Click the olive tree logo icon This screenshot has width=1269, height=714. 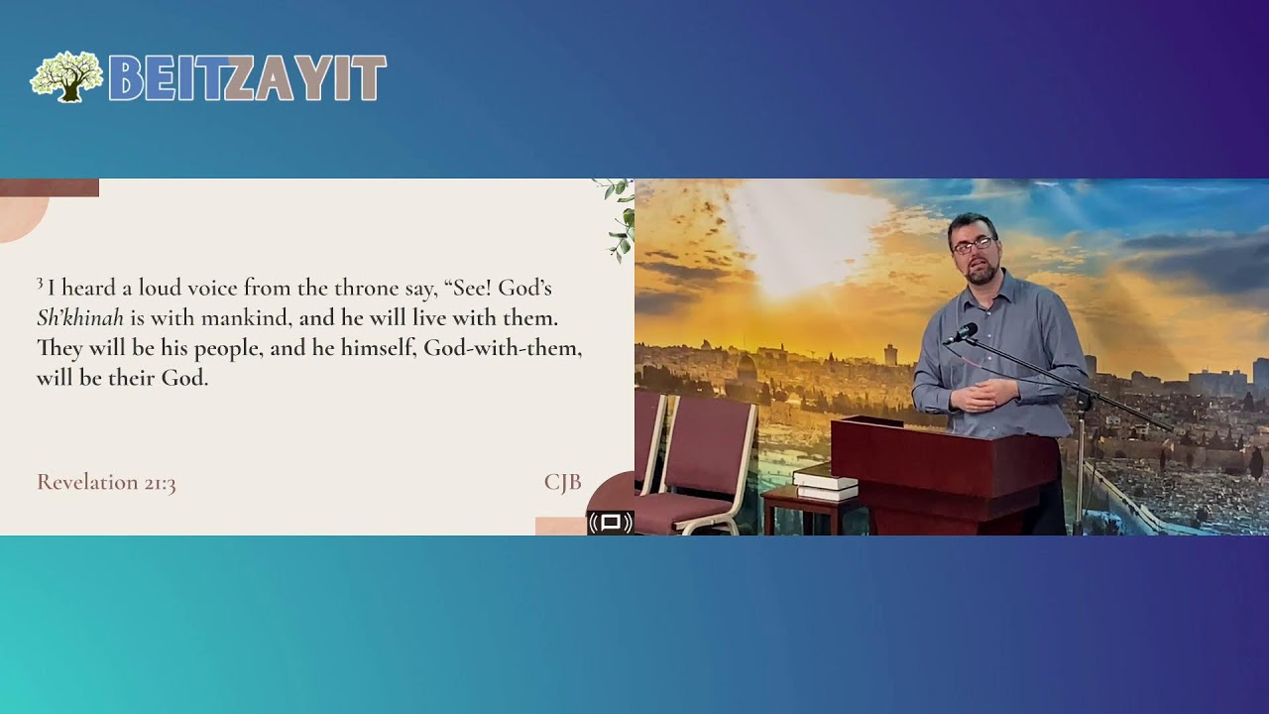pyautogui.click(x=66, y=76)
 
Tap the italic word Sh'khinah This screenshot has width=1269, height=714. pyautogui.click(x=79, y=318)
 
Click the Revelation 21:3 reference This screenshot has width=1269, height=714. pyautogui.click(x=106, y=482)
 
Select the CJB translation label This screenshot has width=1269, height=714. pyautogui.click(x=562, y=482)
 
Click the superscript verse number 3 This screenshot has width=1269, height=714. pyautogui.click(x=40, y=284)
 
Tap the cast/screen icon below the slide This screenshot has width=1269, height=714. pyautogui.click(x=611, y=523)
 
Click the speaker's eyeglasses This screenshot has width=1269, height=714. pyautogui.click(x=972, y=244)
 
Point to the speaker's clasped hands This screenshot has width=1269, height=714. pyautogui.click(x=981, y=396)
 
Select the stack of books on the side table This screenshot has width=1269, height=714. pyautogui.click(x=827, y=483)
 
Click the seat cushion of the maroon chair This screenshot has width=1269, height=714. pyautogui.click(x=684, y=507)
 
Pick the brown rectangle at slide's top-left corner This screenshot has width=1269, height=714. pyautogui.click(x=50, y=187)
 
